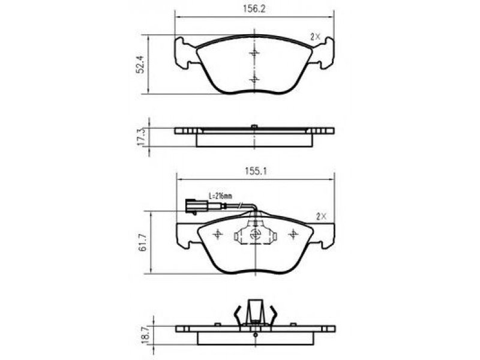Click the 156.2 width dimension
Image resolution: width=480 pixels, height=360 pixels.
tap(254, 9)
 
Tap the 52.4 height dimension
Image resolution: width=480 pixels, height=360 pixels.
tap(140, 64)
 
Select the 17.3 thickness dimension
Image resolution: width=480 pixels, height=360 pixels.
tap(140, 137)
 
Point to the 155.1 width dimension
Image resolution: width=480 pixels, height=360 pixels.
tap(256, 171)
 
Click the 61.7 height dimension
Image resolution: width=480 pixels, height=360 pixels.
tap(142, 242)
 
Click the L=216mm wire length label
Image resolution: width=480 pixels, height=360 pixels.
tap(220, 196)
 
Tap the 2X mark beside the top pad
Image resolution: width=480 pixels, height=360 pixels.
tap(315, 37)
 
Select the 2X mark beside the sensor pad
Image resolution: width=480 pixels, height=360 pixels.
tap(322, 217)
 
